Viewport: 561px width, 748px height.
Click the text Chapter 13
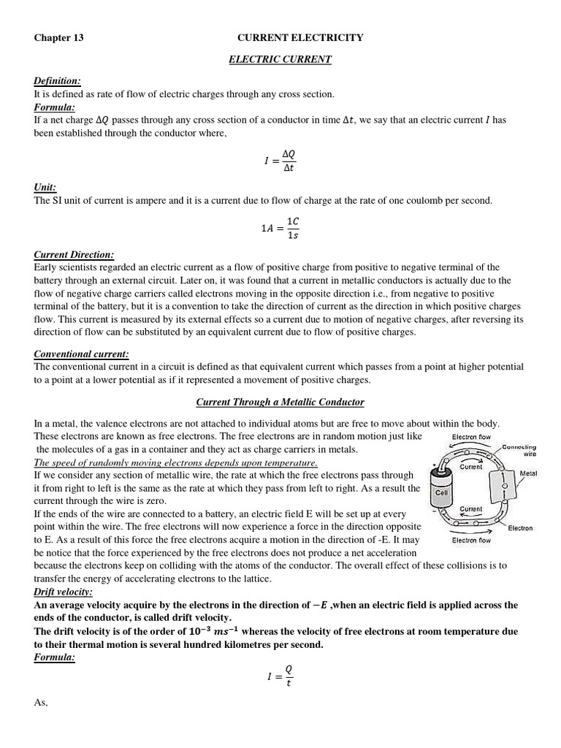tap(59, 38)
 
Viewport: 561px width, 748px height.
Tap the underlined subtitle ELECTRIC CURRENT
tap(280, 59)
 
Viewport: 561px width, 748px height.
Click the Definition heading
tap(58, 80)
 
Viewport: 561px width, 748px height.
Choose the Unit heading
tap(45, 187)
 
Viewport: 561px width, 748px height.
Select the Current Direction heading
tap(74, 254)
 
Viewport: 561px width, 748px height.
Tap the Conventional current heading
tap(81, 354)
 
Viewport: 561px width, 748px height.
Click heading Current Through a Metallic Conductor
tap(280, 402)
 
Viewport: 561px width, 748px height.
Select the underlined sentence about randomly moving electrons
tap(175, 463)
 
